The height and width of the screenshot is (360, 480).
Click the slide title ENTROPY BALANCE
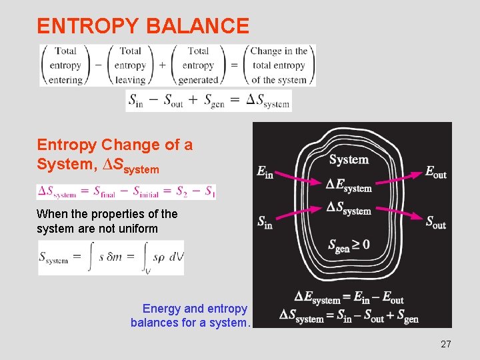143,26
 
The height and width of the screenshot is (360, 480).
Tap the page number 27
446,344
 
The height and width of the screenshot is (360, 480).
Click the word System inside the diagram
349,159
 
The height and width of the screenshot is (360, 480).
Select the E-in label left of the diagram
265,171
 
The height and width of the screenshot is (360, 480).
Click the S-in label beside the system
265,222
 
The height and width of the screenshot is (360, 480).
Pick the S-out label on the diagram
436,222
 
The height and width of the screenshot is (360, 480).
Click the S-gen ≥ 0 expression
349,245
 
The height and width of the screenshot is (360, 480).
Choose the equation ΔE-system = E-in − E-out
349,298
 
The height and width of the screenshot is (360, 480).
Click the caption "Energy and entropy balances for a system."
191,316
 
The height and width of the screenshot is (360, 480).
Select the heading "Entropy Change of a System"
115,154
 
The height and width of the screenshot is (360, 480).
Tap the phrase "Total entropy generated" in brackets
198,65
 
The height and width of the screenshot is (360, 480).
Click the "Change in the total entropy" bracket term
279,65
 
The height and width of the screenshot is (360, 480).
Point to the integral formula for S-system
111,257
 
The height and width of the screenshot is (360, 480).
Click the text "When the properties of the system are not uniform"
107,221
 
